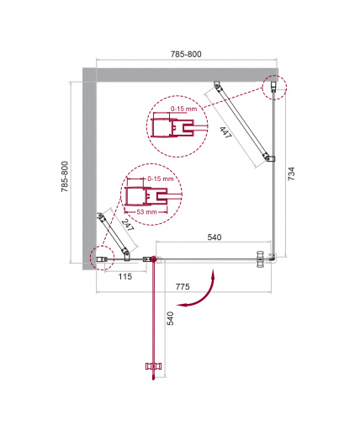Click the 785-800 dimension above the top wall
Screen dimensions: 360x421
tap(186, 54)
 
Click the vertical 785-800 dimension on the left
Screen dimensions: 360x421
tap(65, 177)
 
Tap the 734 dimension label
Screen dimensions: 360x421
tap(291, 173)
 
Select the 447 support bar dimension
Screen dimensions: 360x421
tap(226, 132)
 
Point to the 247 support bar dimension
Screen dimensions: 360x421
tap(128, 225)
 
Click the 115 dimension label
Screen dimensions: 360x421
tap(124, 276)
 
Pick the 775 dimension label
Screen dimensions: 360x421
tap(183, 286)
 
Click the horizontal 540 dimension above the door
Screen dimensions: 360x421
tap(214, 237)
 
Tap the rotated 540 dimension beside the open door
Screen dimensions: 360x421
tap(170, 318)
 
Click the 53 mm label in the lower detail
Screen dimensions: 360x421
tap(146, 211)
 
